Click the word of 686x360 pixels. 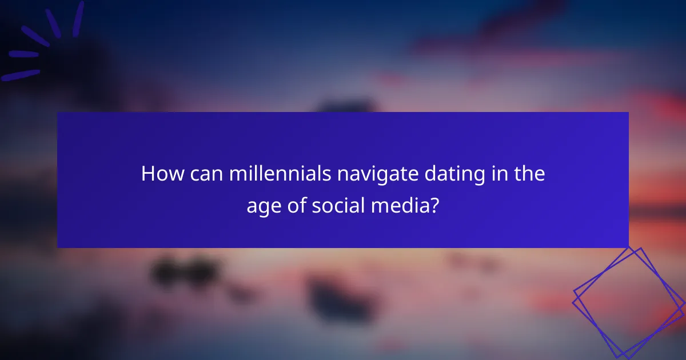point(296,205)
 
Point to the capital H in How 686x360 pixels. point(147,174)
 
